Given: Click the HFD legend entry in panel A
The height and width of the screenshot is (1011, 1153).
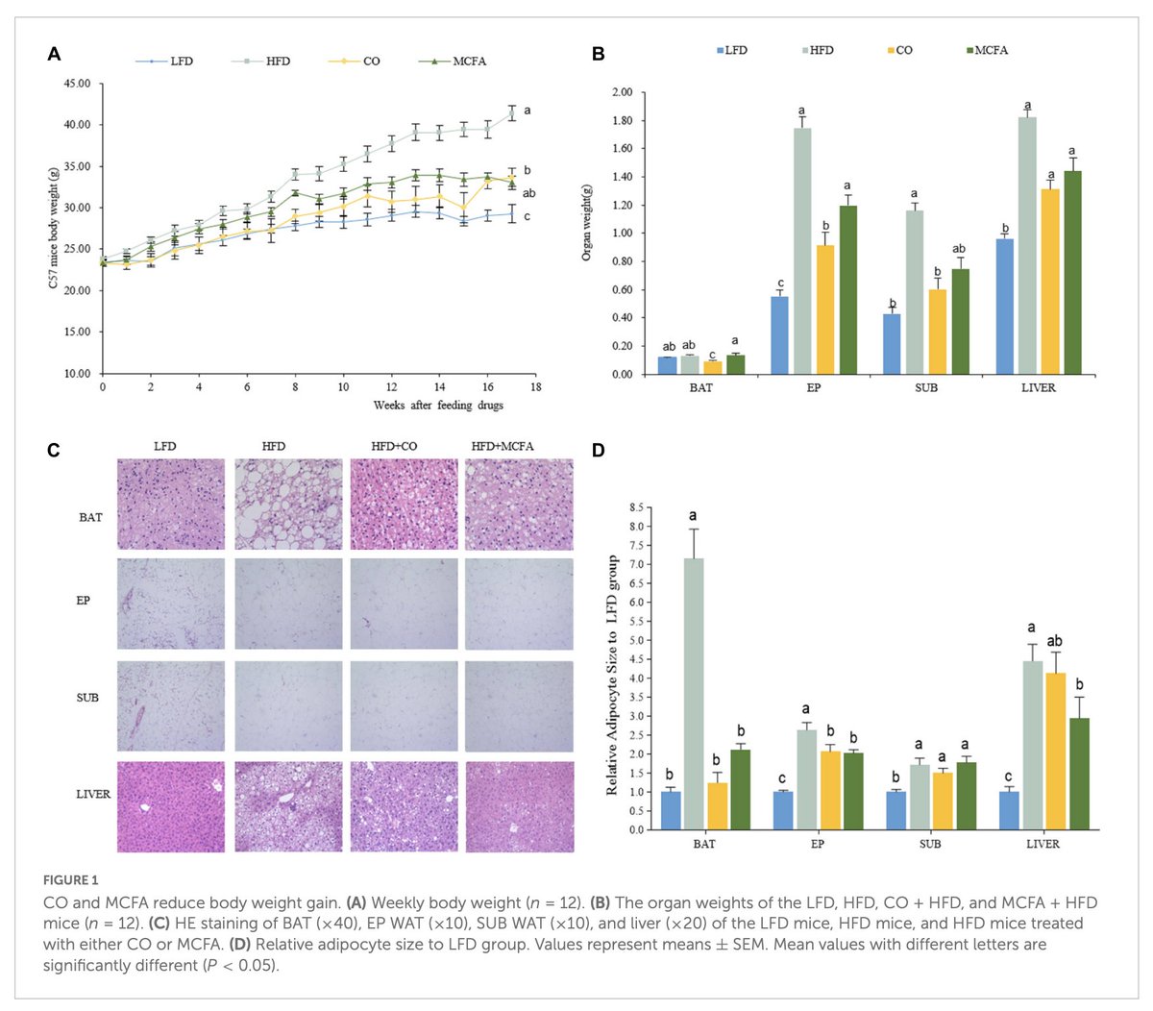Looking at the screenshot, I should point(277,62).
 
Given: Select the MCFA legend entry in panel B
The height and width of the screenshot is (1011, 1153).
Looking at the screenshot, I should point(991,50).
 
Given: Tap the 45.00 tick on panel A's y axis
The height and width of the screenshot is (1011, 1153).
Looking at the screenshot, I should point(77,84).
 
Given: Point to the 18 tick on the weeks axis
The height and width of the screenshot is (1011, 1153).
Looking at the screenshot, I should point(536,386).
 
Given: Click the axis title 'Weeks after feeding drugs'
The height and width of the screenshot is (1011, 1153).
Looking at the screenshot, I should point(437,406).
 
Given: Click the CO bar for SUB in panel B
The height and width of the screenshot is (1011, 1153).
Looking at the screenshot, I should point(937,332).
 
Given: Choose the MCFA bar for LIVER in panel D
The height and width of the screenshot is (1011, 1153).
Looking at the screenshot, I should point(1079,774).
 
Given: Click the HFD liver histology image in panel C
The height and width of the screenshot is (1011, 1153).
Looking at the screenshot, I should point(287,807).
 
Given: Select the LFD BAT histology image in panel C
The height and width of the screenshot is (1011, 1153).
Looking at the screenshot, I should point(171,505).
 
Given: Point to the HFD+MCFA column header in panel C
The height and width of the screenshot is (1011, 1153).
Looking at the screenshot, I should point(502,446).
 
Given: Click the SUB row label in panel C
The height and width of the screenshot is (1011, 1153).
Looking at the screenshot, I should point(87,698).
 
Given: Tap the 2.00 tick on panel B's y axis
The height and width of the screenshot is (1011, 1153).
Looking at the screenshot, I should point(621,93).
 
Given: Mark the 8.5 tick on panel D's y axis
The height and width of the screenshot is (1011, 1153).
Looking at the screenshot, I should point(635,507).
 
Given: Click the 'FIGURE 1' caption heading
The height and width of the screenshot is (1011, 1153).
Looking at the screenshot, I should point(70,880).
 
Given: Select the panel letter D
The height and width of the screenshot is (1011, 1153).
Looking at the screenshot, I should point(598,451).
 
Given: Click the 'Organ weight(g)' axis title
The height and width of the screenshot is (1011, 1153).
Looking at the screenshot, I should point(586,222).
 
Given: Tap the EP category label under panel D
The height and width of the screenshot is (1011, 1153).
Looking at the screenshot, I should point(817,844).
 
